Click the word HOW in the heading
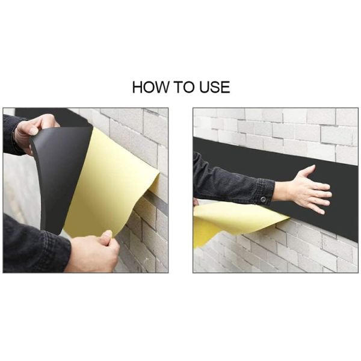point(150,87)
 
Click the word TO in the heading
point(184,87)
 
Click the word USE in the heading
point(215,87)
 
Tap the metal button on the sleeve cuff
point(263,199)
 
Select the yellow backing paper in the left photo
point(111,182)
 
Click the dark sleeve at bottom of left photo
point(34,245)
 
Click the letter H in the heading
point(137,87)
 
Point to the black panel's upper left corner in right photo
point(193,137)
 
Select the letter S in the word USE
point(215,87)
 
